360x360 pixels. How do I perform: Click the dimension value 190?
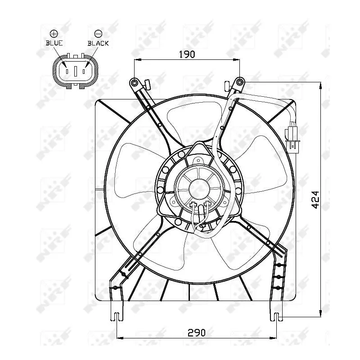pyautogui.click(x=186, y=54)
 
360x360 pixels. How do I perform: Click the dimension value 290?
pyautogui.click(x=196, y=333)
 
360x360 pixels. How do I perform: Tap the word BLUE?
pyautogui.click(x=54, y=43)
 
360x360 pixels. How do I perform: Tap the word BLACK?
pyautogui.click(x=98, y=43)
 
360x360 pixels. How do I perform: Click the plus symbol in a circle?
pyautogui.click(x=54, y=33)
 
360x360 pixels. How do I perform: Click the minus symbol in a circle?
pyautogui.click(x=98, y=33)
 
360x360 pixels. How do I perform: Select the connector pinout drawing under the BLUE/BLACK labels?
pyautogui.click(x=76, y=71)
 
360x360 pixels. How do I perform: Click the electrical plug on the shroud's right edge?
pyautogui.click(x=292, y=138)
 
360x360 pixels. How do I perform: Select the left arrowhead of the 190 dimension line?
pyautogui.click(x=137, y=59)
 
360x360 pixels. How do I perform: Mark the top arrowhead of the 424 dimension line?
pyautogui.click(x=320, y=84)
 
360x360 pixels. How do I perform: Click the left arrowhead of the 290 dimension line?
pyautogui.click(x=119, y=337)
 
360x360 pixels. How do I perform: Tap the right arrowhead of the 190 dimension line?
pyautogui.click(x=237, y=59)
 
